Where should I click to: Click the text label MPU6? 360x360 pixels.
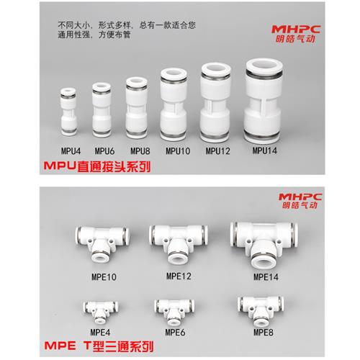tap(104, 152)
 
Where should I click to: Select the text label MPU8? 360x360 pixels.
tap(139, 152)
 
